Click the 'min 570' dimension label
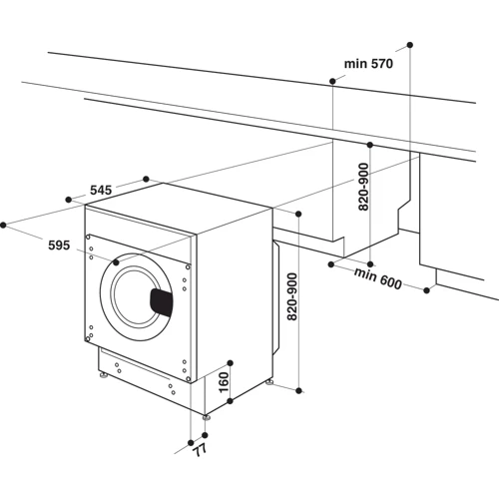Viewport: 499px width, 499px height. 369,64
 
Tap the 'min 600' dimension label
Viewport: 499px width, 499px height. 375,280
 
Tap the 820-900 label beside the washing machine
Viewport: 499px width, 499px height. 290,305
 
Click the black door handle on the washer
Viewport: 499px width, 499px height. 163,299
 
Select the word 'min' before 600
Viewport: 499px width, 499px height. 360,276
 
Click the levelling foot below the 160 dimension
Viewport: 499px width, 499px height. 205,413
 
